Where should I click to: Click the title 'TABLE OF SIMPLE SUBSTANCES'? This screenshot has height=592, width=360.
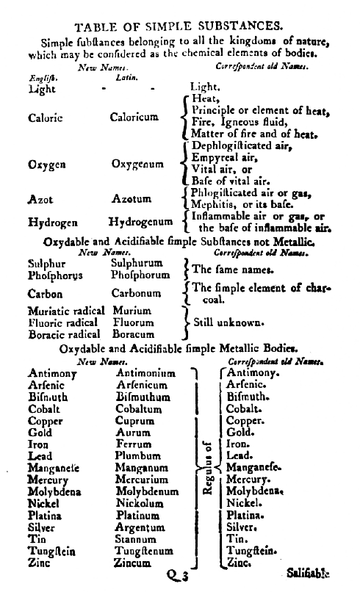coord(179,27)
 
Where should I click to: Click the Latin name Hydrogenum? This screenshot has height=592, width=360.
coord(142,221)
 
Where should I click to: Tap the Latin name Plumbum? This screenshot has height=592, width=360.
coord(137,456)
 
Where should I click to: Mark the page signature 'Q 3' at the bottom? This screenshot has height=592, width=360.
coord(177,577)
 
